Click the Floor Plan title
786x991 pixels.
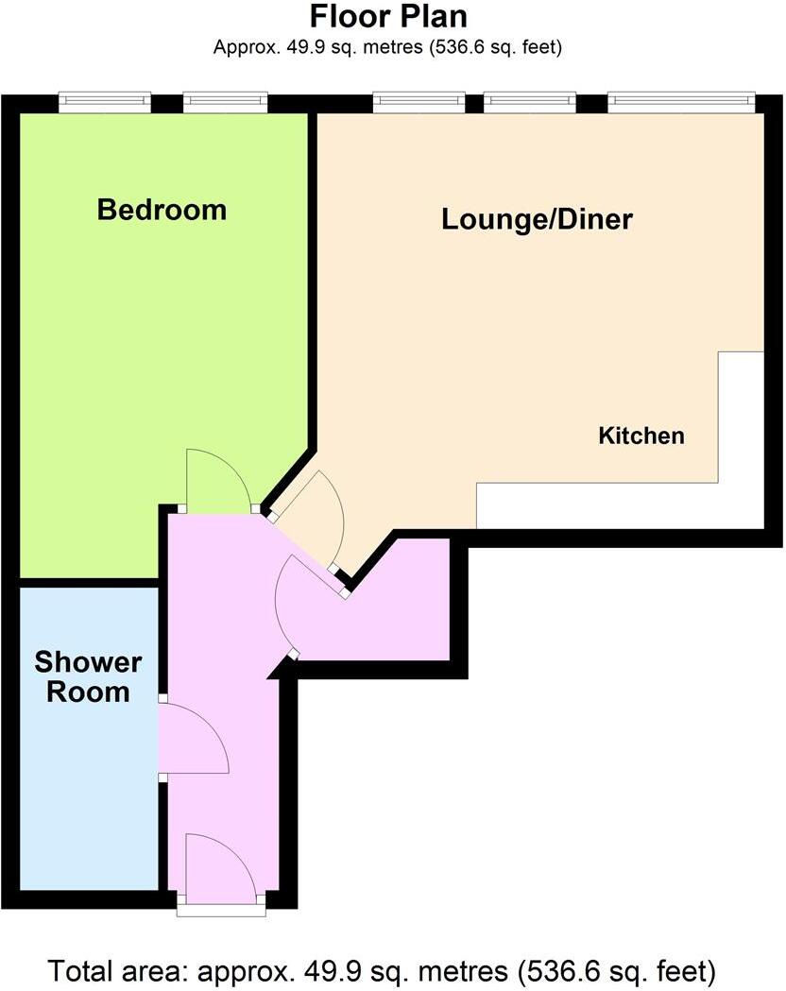[x=388, y=17]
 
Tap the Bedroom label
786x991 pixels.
[x=162, y=209]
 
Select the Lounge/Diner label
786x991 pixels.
[x=537, y=219]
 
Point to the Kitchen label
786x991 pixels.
[x=641, y=436]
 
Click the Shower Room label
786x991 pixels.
[x=81, y=676]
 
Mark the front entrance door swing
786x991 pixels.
[x=220, y=864]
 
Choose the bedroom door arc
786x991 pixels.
[x=218, y=481]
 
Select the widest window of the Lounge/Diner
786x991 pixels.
[x=681, y=102]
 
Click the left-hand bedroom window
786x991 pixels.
[x=104, y=102]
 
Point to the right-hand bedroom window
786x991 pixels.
[x=225, y=102]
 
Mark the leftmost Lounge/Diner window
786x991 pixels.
[x=419, y=102]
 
